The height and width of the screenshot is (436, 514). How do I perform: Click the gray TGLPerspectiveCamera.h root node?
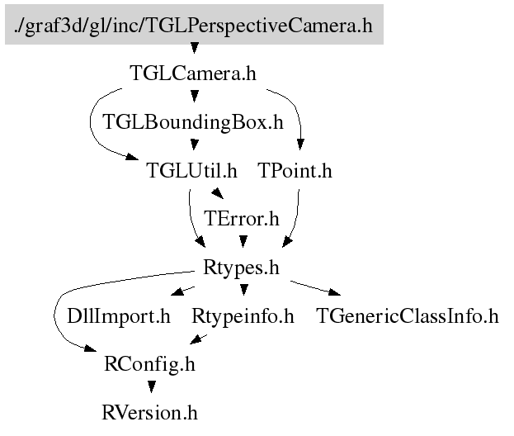coord(194,26)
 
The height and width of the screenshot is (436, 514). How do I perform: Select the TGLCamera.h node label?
coord(193,73)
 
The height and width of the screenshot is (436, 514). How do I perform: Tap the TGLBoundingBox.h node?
coord(193,122)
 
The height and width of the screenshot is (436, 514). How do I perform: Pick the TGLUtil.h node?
coord(191,171)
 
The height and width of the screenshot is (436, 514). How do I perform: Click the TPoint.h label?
coord(295,171)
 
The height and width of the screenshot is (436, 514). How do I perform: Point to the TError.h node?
coord(242,219)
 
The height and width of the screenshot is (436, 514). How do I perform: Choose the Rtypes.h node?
coord(242,268)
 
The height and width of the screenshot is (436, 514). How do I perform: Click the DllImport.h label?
coord(118,315)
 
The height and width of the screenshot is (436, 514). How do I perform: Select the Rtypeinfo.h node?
coord(243,315)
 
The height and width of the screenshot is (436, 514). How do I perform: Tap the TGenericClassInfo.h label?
coord(408,315)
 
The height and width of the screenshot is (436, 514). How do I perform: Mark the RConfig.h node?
coord(150,363)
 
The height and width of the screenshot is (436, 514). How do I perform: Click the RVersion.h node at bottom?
coord(150,411)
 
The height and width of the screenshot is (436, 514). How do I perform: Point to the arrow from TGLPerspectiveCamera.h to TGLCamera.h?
coord(194,50)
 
